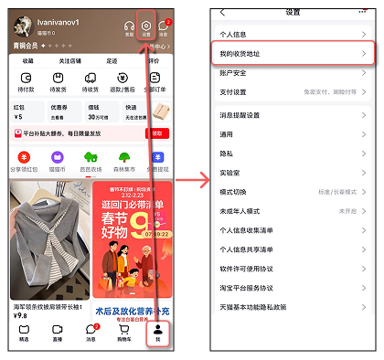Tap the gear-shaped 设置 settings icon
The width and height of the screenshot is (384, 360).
pyautogui.click(x=147, y=26)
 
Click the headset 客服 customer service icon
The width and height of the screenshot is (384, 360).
pyautogui.click(x=129, y=26)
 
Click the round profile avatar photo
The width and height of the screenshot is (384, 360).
pyautogui.click(x=21, y=26)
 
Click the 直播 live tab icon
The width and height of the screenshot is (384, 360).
pyautogui.click(x=57, y=332)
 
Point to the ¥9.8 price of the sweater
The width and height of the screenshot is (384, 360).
pyautogui.click(x=20, y=316)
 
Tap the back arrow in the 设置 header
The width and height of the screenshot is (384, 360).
pyautogui.click(x=222, y=13)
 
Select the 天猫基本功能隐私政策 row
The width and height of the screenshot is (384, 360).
pyautogui.click(x=254, y=306)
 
